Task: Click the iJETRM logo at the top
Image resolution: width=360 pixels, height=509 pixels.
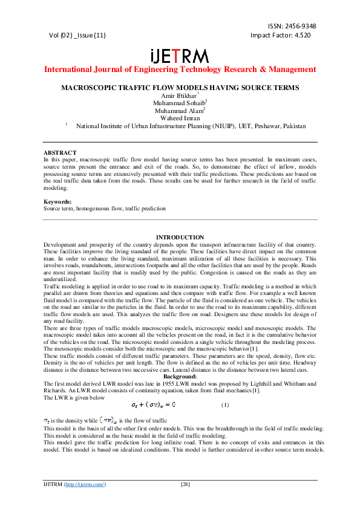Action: [180, 56]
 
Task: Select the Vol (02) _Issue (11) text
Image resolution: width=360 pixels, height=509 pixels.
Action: [77, 35]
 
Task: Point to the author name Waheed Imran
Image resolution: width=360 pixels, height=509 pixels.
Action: [180, 118]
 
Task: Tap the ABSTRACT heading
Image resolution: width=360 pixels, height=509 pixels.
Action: [60, 152]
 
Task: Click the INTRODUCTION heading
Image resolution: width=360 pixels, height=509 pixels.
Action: [180, 237]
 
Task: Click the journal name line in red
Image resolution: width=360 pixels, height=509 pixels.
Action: [180, 69]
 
